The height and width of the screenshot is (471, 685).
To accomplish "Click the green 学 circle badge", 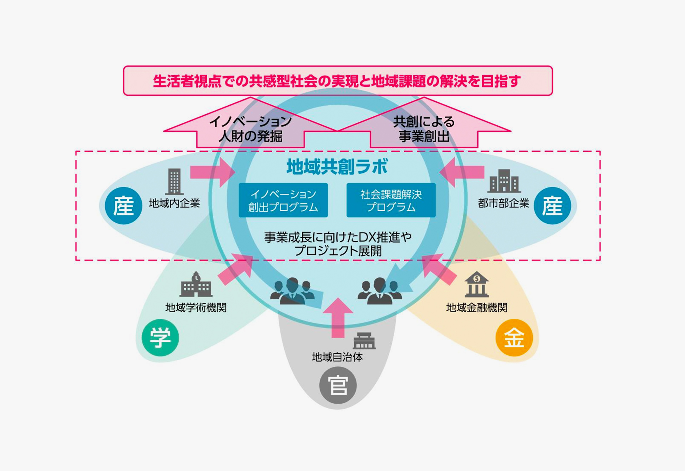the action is pyautogui.click(x=160, y=338).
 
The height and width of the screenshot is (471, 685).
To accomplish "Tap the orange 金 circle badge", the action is pyautogui.click(x=514, y=338).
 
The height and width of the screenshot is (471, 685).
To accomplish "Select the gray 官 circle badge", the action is pyautogui.click(x=338, y=385).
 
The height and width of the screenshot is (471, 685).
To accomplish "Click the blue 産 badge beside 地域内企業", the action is pyautogui.click(x=123, y=206).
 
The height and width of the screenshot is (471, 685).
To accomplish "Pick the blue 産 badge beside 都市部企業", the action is pyautogui.click(x=552, y=206).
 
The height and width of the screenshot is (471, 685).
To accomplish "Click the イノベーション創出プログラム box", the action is pyautogui.click(x=283, y=200).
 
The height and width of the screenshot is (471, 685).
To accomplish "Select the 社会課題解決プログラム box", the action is pyautogui.click(x=391, y=200).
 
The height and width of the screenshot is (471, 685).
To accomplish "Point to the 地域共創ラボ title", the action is pyautogui.click(x=337, y=167).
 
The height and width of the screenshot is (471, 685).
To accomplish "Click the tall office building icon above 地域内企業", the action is pyautogui.click(x=174, y=182).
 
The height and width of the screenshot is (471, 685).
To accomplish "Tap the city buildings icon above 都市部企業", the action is pyautogui.click(x=504, y=181).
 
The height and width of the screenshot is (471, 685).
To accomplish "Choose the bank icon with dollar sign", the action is pyautogui.click(x=477, y=284).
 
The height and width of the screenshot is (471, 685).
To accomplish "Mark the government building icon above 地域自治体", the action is pyautogui.click(x=364, y=341).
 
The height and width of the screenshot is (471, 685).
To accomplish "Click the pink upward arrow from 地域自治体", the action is pyautogui.click(x=338, y=318).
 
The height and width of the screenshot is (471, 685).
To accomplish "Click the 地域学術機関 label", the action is pyautogui.click(x=196, y=308).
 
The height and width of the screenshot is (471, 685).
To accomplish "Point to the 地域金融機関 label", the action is pyautogui.click(x=477, y=308).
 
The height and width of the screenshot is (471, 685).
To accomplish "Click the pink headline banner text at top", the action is pyautogui.click(x=337, y=81).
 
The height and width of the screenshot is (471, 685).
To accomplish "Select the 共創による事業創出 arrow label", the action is pyautogui.click(x=424, y=129).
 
